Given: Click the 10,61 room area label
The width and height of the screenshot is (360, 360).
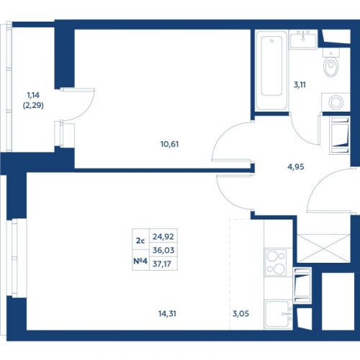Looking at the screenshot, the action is (169, 144).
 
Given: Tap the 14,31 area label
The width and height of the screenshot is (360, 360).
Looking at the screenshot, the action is (167, 313).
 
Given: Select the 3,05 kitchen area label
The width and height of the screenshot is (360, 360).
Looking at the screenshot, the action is (240, 313).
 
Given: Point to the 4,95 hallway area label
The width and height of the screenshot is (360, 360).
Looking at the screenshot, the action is (296, 166).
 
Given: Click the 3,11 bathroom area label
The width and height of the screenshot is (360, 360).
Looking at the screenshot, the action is (300, 85).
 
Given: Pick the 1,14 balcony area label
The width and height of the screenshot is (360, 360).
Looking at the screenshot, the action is (33, 95).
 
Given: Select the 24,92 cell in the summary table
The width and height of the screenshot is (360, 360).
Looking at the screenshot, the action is (163, 237).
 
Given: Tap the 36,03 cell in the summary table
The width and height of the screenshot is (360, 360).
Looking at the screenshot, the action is (163, 251).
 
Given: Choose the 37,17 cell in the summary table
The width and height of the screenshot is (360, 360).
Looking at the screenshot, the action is (162, 264).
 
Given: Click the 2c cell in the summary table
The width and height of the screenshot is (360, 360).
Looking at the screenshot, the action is (140, 240).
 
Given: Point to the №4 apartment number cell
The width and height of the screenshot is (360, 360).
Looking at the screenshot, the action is (140, 261).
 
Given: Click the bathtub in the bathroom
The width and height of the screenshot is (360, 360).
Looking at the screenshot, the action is (271, 71).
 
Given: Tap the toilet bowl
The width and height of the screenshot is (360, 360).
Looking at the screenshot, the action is (331, 63).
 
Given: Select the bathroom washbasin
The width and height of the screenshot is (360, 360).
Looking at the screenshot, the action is (303, 40).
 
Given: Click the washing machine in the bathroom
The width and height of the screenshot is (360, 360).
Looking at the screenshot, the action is (336, 102).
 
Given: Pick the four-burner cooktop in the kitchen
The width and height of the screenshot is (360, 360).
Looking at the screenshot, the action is (276, 262).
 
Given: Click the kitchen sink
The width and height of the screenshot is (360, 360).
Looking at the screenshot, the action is (279, 314).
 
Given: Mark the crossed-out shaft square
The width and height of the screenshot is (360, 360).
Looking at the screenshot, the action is (324, 248).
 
